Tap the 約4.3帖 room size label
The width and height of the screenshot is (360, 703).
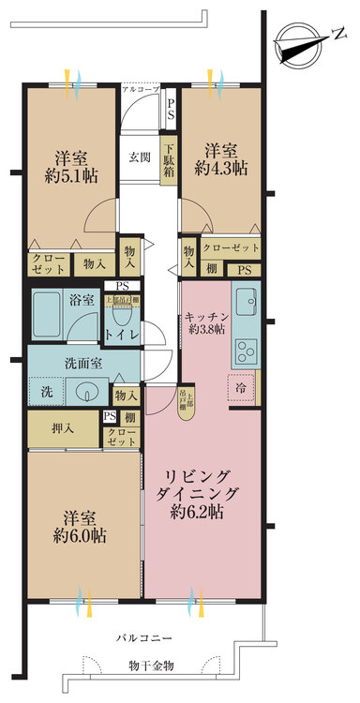click(222, 170)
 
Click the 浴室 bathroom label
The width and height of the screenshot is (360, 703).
click(82, 301)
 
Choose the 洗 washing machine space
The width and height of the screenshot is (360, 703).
click(46, 392)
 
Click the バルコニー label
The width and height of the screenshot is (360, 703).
click(143, 637)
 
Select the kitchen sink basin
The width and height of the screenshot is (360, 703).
click(246, 303)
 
